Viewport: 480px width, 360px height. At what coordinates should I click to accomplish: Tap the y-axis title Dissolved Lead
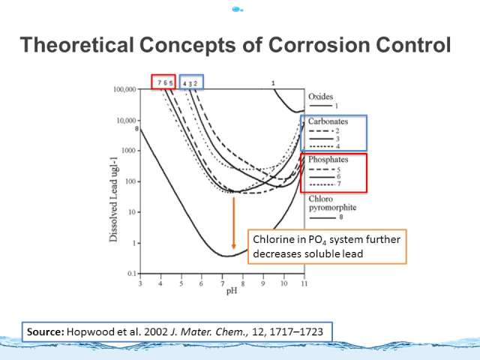[113, 208]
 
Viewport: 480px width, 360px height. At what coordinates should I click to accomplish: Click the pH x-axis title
[232, 290]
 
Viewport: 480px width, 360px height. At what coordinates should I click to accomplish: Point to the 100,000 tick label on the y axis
[125, 89]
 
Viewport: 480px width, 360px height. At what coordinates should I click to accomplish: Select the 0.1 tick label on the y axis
[132, 273]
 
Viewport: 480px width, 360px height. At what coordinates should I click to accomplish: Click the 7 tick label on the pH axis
[222, 283]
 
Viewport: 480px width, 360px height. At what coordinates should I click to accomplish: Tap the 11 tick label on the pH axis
[304, 283]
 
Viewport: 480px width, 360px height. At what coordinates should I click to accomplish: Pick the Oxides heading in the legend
[320, 97]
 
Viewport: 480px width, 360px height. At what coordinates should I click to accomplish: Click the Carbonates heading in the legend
[328, 121]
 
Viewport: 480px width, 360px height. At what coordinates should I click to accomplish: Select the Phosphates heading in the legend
[328, 160]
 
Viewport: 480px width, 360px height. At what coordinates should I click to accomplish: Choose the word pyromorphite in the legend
[332, 208]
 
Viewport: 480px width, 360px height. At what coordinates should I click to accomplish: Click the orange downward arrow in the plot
[233, 223]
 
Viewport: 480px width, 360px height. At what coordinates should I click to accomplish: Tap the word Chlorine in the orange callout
[271, 239]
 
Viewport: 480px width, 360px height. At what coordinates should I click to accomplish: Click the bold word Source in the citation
[45, 331]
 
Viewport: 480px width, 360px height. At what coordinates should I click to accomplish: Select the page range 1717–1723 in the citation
[296, 331]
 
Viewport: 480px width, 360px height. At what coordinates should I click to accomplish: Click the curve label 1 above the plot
[273, 83]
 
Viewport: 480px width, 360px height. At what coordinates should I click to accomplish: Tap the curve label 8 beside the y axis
[136, 128]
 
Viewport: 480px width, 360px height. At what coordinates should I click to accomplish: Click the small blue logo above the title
[237, 10]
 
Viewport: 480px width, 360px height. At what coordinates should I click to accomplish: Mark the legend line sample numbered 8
[322, 218]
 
